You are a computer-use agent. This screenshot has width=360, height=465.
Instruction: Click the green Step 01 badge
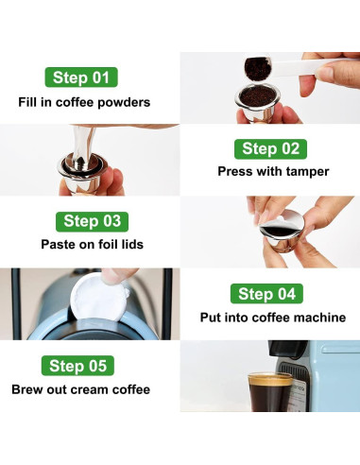[x=80, y=77]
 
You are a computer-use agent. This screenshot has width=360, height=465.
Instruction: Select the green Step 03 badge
[x=92, y=221]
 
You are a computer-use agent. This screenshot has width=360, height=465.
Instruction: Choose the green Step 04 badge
[x=267, y=294]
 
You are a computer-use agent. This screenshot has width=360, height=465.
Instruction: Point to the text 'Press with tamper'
[x=273, y=172]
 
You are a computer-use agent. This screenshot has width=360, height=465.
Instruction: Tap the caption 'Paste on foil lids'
[x=92, y=244]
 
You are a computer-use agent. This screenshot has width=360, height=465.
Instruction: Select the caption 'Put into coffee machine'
[x=273, y=318]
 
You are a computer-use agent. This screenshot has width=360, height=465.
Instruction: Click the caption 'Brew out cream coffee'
[x=80, y=388]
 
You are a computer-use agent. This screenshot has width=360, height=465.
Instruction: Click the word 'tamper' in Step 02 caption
[x=306, y=172]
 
